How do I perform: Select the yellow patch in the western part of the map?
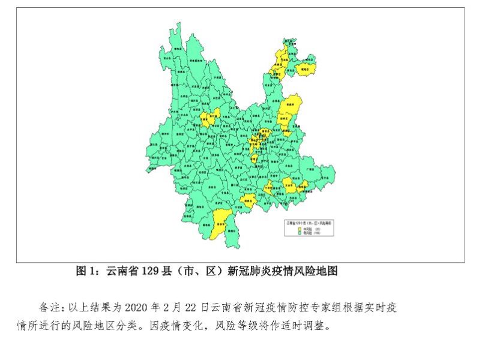coord(207,118)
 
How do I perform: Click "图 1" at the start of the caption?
coord(84,271)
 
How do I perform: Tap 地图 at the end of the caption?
coord(328,271)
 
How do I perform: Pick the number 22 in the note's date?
coord(191,307)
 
